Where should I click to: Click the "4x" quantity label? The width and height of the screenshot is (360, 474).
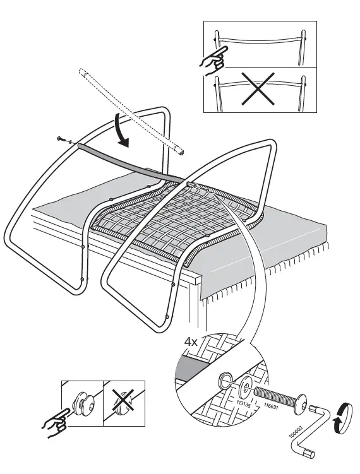click(x=191, y=341)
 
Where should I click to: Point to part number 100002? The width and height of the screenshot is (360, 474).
click(x=295, y=434)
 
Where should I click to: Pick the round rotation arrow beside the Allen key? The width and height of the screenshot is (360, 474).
click(x=341, y=417)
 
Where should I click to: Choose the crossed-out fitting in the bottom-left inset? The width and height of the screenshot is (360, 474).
click(x=122, y=403)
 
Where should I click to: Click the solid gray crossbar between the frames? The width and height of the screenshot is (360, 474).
click(x=126, y=160)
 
